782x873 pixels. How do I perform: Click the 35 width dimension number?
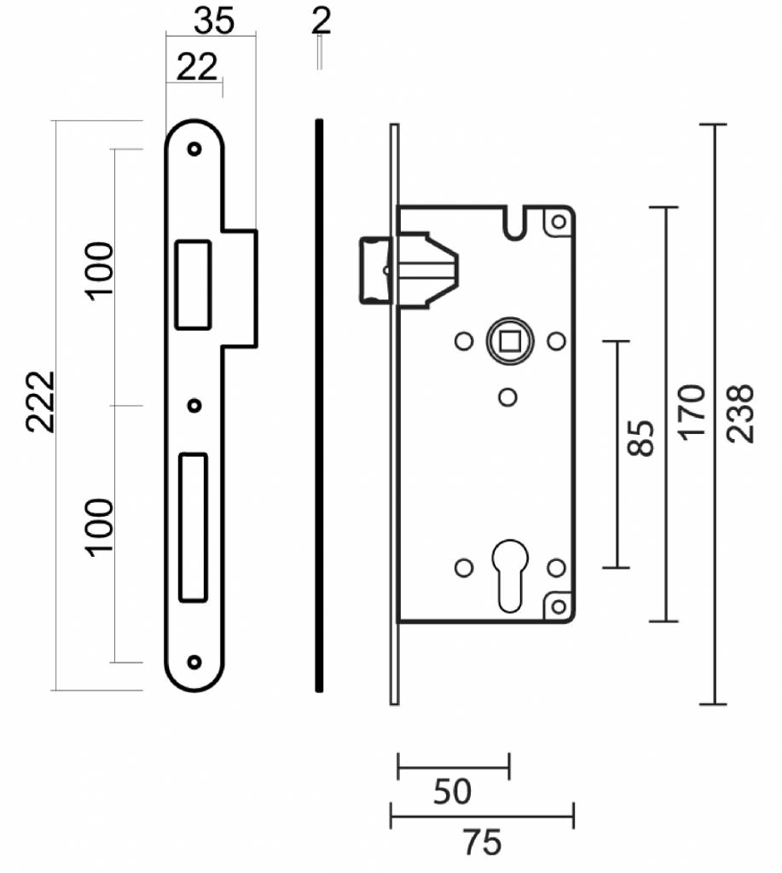214,21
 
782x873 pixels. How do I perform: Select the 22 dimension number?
196,67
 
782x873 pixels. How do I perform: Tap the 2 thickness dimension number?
321,21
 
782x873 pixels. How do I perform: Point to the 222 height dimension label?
41,401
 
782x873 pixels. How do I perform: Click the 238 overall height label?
741,413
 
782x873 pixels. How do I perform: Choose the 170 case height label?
692,412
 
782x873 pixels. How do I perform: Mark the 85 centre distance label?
640,438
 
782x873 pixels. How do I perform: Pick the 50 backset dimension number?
452,791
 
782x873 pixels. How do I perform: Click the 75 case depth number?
483,842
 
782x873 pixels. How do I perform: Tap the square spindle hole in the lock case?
509,341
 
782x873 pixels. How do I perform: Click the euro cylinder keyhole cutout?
510,575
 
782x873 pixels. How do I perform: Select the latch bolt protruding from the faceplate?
376,270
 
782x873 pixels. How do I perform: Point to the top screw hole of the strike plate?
194,149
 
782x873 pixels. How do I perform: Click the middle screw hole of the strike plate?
194,406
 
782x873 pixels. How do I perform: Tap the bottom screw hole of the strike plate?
194,662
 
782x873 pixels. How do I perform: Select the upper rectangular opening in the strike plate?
194,285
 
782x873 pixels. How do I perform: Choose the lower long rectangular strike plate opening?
194,528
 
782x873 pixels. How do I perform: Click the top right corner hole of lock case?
559,222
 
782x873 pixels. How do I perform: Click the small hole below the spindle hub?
507,397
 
